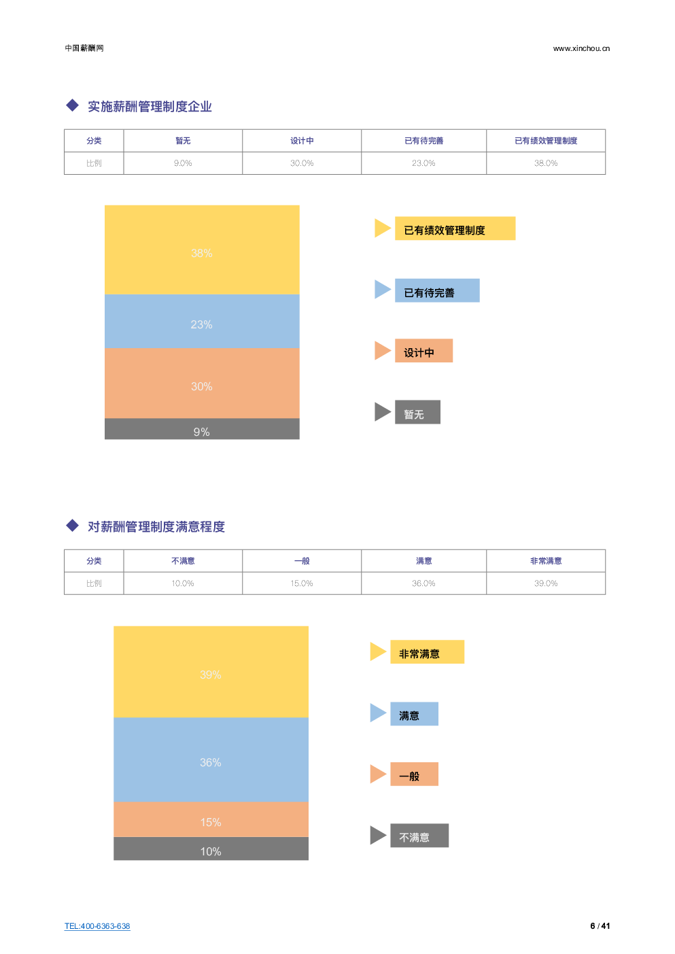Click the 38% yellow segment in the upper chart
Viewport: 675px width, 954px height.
(202, 249)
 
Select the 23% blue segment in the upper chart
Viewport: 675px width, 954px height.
(202, 321)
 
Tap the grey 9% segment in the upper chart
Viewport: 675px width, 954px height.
(202, 429)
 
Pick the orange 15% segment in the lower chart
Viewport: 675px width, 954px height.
(211, 819)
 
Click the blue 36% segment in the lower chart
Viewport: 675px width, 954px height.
(211, 760)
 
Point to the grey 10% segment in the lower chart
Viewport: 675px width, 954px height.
(211, 849)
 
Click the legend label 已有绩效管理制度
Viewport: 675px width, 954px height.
(455, 229)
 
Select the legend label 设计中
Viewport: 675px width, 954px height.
(423, 351)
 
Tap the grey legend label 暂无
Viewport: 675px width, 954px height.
(417, 412)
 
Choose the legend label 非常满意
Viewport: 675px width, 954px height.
(427, 652)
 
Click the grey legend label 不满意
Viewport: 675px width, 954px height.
(419, 836)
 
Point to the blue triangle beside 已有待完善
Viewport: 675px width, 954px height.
(382, 290)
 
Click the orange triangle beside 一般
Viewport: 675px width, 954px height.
(377, 774)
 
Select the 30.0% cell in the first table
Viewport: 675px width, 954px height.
(302, 163)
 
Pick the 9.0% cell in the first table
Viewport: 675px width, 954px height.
(183, 163)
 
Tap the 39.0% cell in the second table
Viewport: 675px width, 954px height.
(546, 583)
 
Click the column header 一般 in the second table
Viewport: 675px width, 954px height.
(302, 561)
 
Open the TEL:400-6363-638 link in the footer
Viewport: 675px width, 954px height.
(97, 926)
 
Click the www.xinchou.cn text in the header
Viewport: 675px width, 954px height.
(581, 48)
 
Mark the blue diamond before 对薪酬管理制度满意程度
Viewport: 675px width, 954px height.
(73, 525)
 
